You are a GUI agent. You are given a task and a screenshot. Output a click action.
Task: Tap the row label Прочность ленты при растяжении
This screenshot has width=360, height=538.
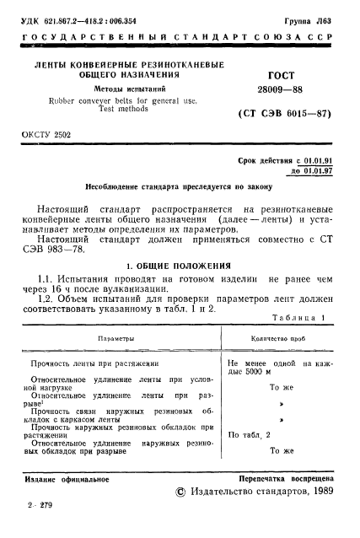(95, 363)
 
